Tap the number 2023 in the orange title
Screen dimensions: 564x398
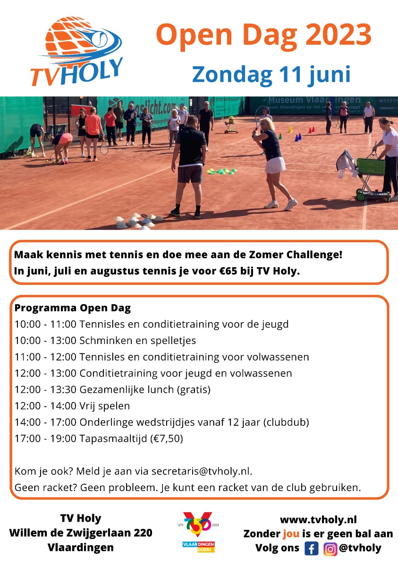coord(338,35)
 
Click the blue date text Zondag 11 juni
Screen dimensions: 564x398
coord(271,75)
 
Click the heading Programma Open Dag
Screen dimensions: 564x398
coord(72,308)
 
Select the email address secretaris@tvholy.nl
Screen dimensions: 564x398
coord(201,471)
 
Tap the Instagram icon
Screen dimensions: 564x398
coord(330,549)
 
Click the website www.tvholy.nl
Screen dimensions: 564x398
coord(318,520)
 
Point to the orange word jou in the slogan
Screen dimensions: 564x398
coord(291,534)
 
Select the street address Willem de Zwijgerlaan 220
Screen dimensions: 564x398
coord(81,533)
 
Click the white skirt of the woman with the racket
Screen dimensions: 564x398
coord(275,165)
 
